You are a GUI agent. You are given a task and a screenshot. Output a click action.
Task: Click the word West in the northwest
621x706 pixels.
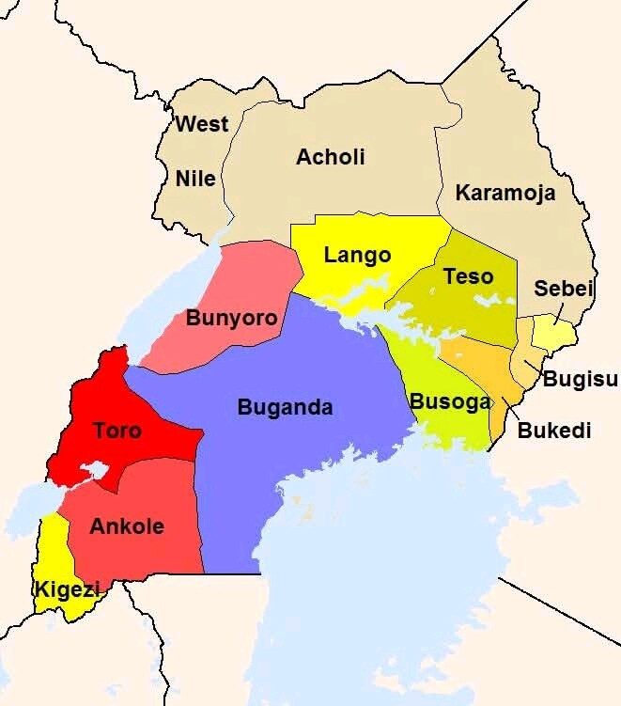(202, 124)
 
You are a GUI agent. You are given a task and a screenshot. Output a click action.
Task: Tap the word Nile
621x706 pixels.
(195, 179)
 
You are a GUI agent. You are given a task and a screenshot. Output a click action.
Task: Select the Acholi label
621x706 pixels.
(330, 157)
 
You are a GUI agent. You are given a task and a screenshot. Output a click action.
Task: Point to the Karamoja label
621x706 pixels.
(505, 194)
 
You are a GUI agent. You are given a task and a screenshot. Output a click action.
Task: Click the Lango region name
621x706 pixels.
(357, 255)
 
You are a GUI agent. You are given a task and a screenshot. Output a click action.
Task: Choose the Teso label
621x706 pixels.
(468, 276)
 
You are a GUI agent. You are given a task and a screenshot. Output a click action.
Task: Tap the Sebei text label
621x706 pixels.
(564, 289)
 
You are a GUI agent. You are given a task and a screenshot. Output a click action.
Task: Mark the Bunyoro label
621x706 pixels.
(232, 318)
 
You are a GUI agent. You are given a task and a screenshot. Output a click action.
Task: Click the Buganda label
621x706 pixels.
(285, 408)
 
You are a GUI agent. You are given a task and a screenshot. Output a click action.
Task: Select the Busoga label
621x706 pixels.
(450, 401)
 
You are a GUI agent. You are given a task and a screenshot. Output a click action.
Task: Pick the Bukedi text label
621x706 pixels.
(554, 431)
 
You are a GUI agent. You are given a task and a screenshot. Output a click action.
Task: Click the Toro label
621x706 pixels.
(116, 431)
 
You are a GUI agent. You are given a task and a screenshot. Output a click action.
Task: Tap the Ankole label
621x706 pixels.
(126, 526)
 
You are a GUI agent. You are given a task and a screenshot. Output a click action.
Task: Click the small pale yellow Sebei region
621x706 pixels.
(557, 333)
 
